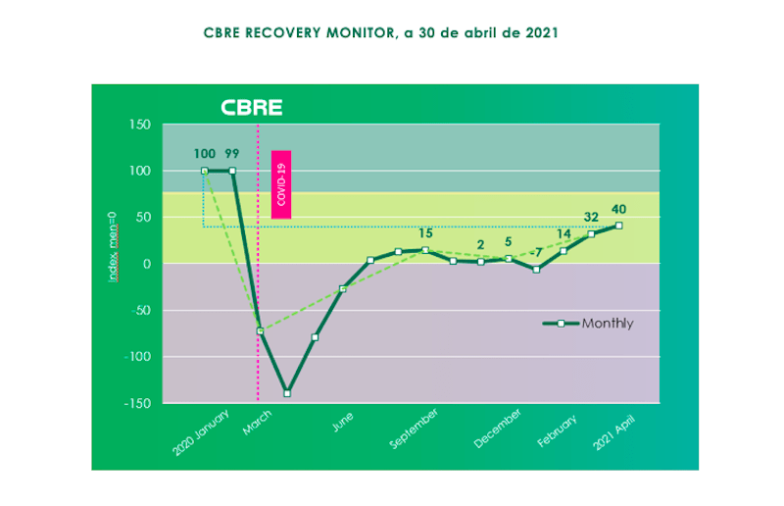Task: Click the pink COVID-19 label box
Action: [281, 183]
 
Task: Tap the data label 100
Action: [205, 153]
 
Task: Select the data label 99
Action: [232, 153]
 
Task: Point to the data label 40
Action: [619, 208]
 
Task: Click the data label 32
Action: [592, 218]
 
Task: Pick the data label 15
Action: [425, 233]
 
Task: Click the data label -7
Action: [537, 253]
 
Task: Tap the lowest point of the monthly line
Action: [287, 393]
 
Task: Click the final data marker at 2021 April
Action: [618, 226]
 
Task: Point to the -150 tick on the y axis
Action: [136, 403]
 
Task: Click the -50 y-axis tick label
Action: [138, 311]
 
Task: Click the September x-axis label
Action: [414, 429]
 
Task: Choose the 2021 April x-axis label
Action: [614, 430]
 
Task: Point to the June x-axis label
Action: [342, 422]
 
